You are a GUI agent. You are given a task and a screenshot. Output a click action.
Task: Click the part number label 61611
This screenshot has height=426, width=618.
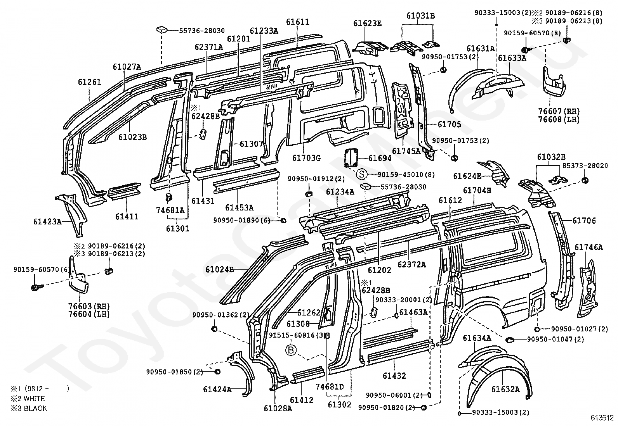(x=297, y=22)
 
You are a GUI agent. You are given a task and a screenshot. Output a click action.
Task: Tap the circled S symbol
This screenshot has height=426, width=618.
(x=362, y=174)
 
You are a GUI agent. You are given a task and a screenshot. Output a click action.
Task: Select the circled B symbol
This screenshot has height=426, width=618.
(x=291, y=350)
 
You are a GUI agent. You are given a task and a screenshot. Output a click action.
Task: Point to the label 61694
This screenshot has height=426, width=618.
(x=380, y=158)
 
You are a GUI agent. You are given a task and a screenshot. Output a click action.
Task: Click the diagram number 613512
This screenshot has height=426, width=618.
(x=601, y=418)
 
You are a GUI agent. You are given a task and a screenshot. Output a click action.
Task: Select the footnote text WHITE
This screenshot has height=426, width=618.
(x=34, y=398)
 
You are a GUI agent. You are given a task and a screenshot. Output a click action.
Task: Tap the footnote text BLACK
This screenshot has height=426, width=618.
(x=35, y=408)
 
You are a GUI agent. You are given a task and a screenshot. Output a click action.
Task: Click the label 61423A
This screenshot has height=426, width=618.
(x=47, y=222)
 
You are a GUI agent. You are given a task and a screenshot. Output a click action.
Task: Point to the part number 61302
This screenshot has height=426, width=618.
(x=339, y=405)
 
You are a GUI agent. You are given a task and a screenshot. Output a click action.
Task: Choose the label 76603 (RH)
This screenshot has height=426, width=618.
(x=89, y=306)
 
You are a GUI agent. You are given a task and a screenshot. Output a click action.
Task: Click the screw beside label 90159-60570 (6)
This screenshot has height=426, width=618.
(x=35, y=287)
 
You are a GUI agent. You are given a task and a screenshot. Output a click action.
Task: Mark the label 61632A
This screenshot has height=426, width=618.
(x=505, y=389)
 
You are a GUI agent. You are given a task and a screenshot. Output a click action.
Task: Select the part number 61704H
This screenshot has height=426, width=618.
(x=477, y=190)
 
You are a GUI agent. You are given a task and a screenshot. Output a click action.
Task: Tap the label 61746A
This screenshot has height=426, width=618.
(x=588, y=247)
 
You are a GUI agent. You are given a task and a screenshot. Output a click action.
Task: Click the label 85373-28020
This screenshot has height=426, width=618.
(x=585, y=166)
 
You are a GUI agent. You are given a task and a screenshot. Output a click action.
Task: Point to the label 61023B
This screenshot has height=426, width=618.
(x=132, y=137)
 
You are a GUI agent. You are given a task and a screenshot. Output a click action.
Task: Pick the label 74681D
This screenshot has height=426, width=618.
(x=330, y=387)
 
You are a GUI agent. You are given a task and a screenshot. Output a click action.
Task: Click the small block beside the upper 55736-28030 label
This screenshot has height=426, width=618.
(x=162, y=29)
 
